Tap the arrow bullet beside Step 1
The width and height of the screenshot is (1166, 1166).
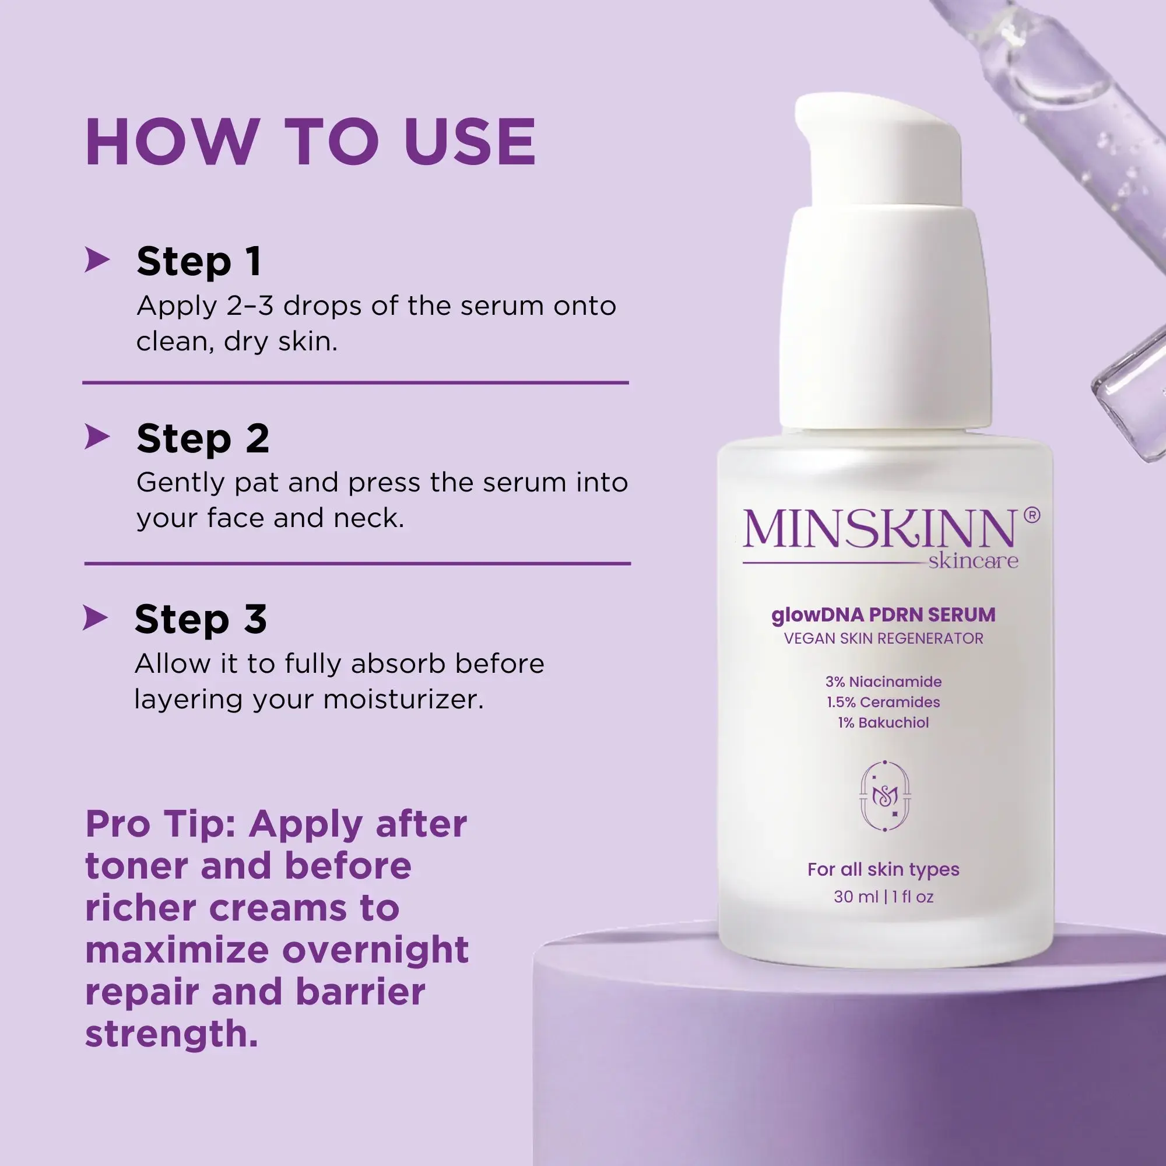click(x=97, y=260)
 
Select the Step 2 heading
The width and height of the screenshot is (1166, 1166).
click(x=202, y=438)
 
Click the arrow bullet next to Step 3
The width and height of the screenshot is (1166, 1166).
click(x=96, y=618)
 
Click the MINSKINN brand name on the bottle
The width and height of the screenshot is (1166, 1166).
click(x=878, y=529)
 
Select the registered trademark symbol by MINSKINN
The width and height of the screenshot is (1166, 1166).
click(x=1032, y=515)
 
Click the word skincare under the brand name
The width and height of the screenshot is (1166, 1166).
click(x=973, y=561)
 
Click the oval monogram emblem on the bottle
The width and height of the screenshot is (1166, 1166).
click(x=885, y=796)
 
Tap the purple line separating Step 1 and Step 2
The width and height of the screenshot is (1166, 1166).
click(x=356, y=382)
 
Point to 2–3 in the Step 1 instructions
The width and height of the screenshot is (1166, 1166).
click(x=250, y=306)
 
